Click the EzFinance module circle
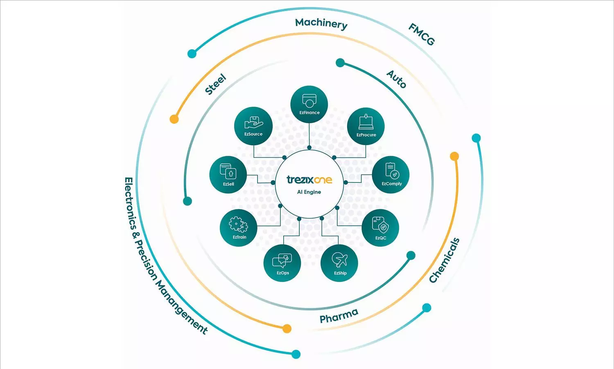pyautogui.click(x=309, y=104)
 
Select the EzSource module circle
pyautogui.click(x=253, y=125)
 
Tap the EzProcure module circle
pyautogui.click(x=366, y=126)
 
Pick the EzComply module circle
pyautogui.click(x=391, y=175)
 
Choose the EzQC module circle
pyautogui.click(x=380, y=228)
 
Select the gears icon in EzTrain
pyautogui.click(x=238, y=225)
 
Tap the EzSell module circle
pyautogui.click(x=228, y=175)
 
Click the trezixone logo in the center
pyautogui.click(x=309, y=180)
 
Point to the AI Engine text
pyautogui.click(x=309, y=192)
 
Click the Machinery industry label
pyautogui.click(x=321, y=23)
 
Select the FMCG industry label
pyautogui.click(x=422, y=34)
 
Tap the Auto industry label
pyautogui.click(x=396, y=79)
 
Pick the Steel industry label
pyautogui.click(x=215, y=84)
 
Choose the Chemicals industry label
pyautogui.click(x=444, y=260)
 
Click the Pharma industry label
pyautogui.click(x=339, y=316)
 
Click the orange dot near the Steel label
pyautogui.click(x=174, y=119)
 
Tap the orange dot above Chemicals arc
pyautogui.click(x=454, y=156)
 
